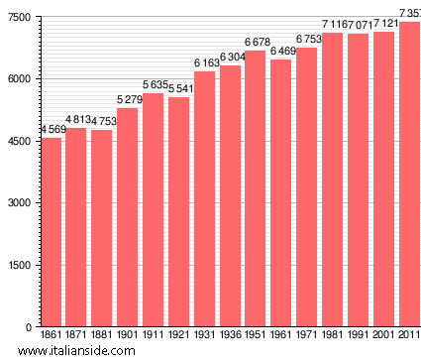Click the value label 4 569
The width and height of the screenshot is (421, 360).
pyautogui.click(x=54, y=130)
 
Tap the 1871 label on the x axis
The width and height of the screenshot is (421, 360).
pyautogui.click(x=76, y=336)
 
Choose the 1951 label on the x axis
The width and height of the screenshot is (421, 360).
pyautogui.click(x=256, y=336)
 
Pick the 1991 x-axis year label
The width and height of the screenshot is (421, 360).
pyautogui.click(x=358, y=336)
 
